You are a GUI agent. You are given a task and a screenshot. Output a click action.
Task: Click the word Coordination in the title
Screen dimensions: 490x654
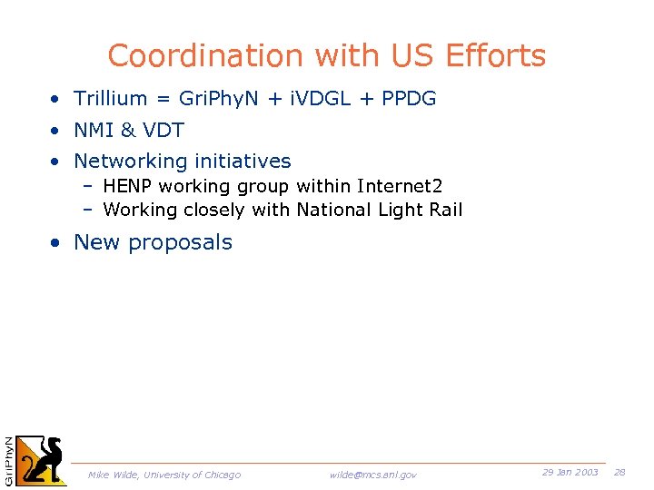click(206, 56)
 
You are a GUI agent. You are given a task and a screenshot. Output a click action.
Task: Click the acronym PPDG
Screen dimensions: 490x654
click(409, 99)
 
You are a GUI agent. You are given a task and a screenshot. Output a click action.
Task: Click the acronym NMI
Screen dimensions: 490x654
click(94, 131)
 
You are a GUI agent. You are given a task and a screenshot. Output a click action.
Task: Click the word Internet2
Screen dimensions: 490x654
click(400, 187)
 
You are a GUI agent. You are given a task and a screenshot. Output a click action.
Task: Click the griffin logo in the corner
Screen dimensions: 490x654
click(42, 462)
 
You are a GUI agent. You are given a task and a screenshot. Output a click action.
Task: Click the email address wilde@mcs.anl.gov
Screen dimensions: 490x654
click(373, 475)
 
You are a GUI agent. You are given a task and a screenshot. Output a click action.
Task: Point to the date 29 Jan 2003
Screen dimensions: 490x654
click(570, 472)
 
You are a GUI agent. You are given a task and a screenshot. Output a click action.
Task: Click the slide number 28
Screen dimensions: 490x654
click(620, 472)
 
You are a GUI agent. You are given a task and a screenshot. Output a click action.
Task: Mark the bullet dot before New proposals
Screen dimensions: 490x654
click(56, 243)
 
